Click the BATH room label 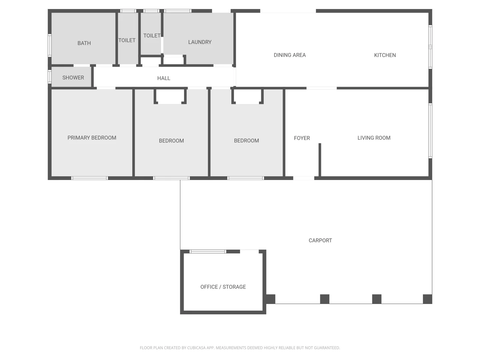tap(84, 43)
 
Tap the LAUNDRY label tap(200, 42)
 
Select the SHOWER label tap(73, 78)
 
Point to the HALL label tap(164, 78)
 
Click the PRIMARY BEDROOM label tap(92, 138)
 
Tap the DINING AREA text tap(289, 55)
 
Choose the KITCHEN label tap(385, 55)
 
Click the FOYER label tap(302, 138)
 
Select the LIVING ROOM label tap(374, 138)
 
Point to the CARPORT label tap(320, 240)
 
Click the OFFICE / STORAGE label tap(223, 287)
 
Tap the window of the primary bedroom tap(90, 178)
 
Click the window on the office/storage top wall tap(208, 251)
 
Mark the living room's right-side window tap(430, 131)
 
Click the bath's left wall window tap(50, 45)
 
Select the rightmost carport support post tap(427, 299)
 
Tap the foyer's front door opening tap(303, 178)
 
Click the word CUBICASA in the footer tap(196, 348)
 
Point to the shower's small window tap(50, 77)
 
